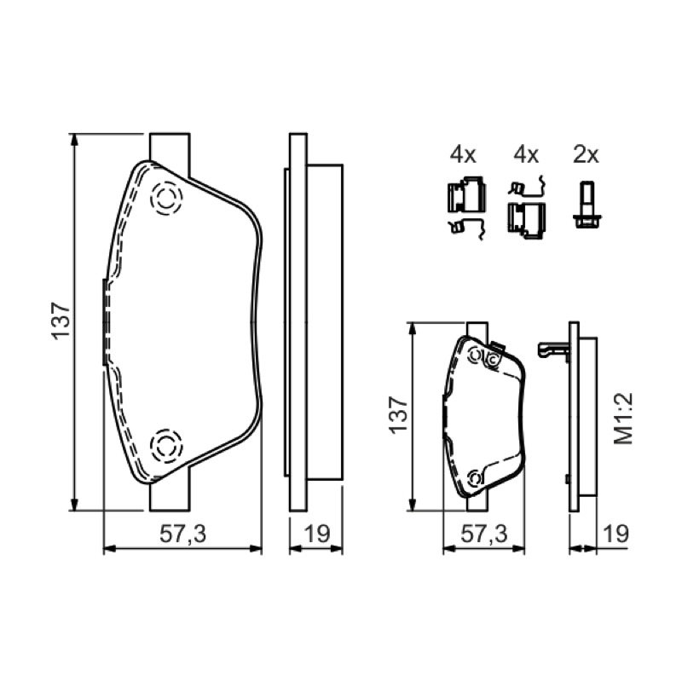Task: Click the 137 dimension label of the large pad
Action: [x=61, y=321]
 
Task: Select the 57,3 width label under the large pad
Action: [x=182, y=534]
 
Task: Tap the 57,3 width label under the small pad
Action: [x=484, y=534]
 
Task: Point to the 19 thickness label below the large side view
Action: [x=317, y=534]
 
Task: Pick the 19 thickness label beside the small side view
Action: [x=616, y=534]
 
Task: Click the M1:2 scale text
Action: [x=623, y=419]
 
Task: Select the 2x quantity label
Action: [x=586, y=154]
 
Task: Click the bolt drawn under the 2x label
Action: [x=586, y=205]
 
